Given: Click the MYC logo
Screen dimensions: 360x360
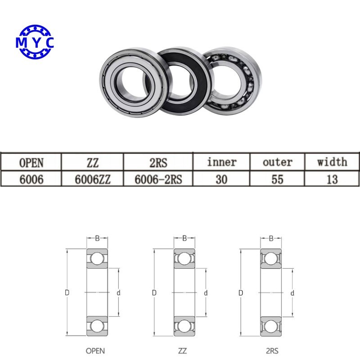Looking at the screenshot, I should tap(35, 42).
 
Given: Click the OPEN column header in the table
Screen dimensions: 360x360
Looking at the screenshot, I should tap(32, 162).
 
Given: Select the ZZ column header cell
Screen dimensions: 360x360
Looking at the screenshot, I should tap(92, 162).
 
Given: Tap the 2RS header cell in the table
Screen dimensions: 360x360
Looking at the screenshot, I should tap(158, 162).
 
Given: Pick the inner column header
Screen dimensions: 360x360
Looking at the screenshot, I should tap(221, 162).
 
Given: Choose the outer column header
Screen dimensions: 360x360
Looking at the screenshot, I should tap(277, 162).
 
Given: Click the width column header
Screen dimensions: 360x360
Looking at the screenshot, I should tap(332, 162).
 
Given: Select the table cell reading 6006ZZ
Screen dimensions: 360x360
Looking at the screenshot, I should tap(92, 179).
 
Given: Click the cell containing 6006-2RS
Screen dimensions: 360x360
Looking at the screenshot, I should tap(158, 179).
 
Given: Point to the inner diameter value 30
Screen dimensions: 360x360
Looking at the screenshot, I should tap(221, 179).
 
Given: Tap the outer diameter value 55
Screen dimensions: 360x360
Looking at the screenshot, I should tap(277, 179).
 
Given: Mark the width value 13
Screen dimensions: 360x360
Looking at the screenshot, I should tap(332, 179).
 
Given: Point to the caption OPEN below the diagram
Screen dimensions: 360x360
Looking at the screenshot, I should tap(96, 350).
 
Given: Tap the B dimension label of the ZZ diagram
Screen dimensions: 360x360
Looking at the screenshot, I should tap(184, 238).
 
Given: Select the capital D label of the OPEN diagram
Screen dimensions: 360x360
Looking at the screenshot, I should tap(67, 293).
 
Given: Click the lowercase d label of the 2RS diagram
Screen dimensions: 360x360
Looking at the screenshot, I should tap(292, 293).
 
